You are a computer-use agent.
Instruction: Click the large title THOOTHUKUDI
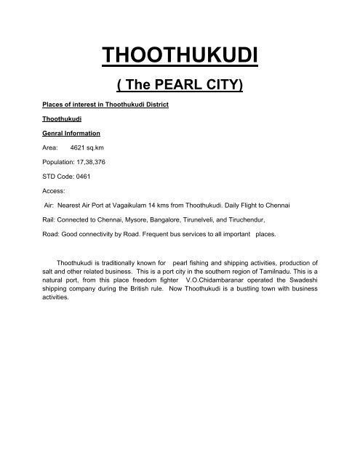180,55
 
